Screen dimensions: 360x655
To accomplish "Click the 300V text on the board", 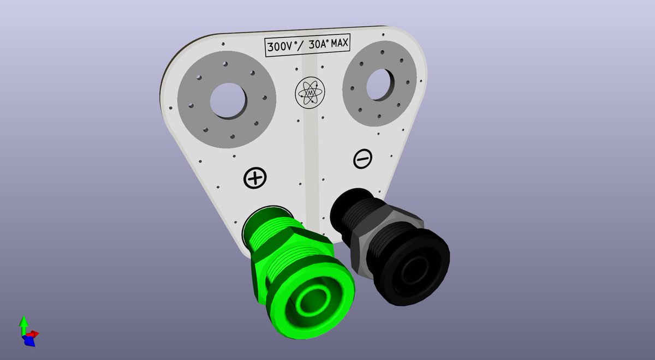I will (x=278, y=46).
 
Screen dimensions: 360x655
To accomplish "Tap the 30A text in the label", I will (x=317, y=44).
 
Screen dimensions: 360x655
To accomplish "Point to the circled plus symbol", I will (x=254, y=178).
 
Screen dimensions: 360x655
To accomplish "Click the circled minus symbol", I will (x=363, y=159).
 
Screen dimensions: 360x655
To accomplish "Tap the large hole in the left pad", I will (x=228, y=100).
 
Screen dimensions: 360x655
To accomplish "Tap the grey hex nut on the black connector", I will (x=382, y=229).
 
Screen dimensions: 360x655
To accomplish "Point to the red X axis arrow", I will (x=34, y=333).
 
